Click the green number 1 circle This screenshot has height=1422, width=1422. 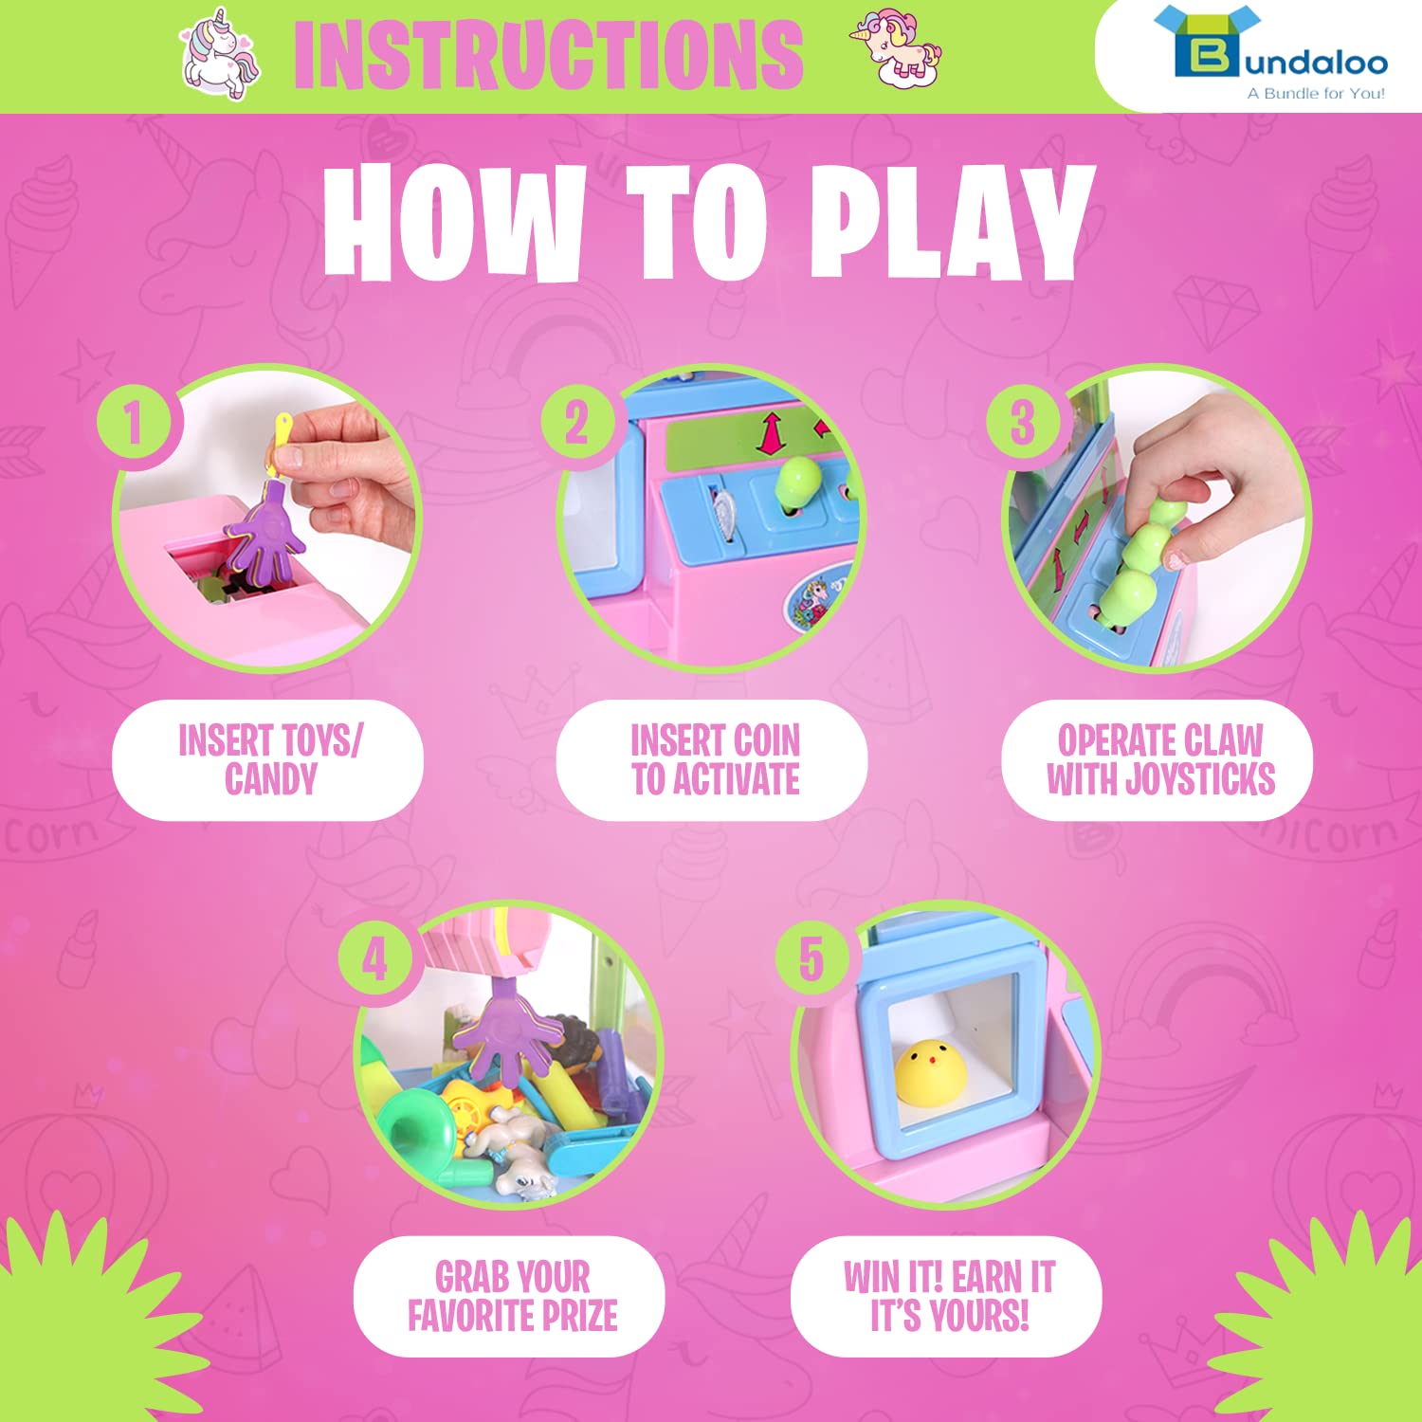[134, 421]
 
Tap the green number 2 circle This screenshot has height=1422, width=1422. [578, 421]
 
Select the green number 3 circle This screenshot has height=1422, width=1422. [1023, 421]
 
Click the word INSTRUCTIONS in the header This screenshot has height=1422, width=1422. [549, 55]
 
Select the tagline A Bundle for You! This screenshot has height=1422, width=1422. [1316, 93]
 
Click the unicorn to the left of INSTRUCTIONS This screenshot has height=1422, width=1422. [220, 56]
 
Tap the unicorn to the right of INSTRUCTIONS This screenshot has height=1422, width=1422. [896, 49]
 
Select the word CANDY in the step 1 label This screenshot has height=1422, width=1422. [271, 779]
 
